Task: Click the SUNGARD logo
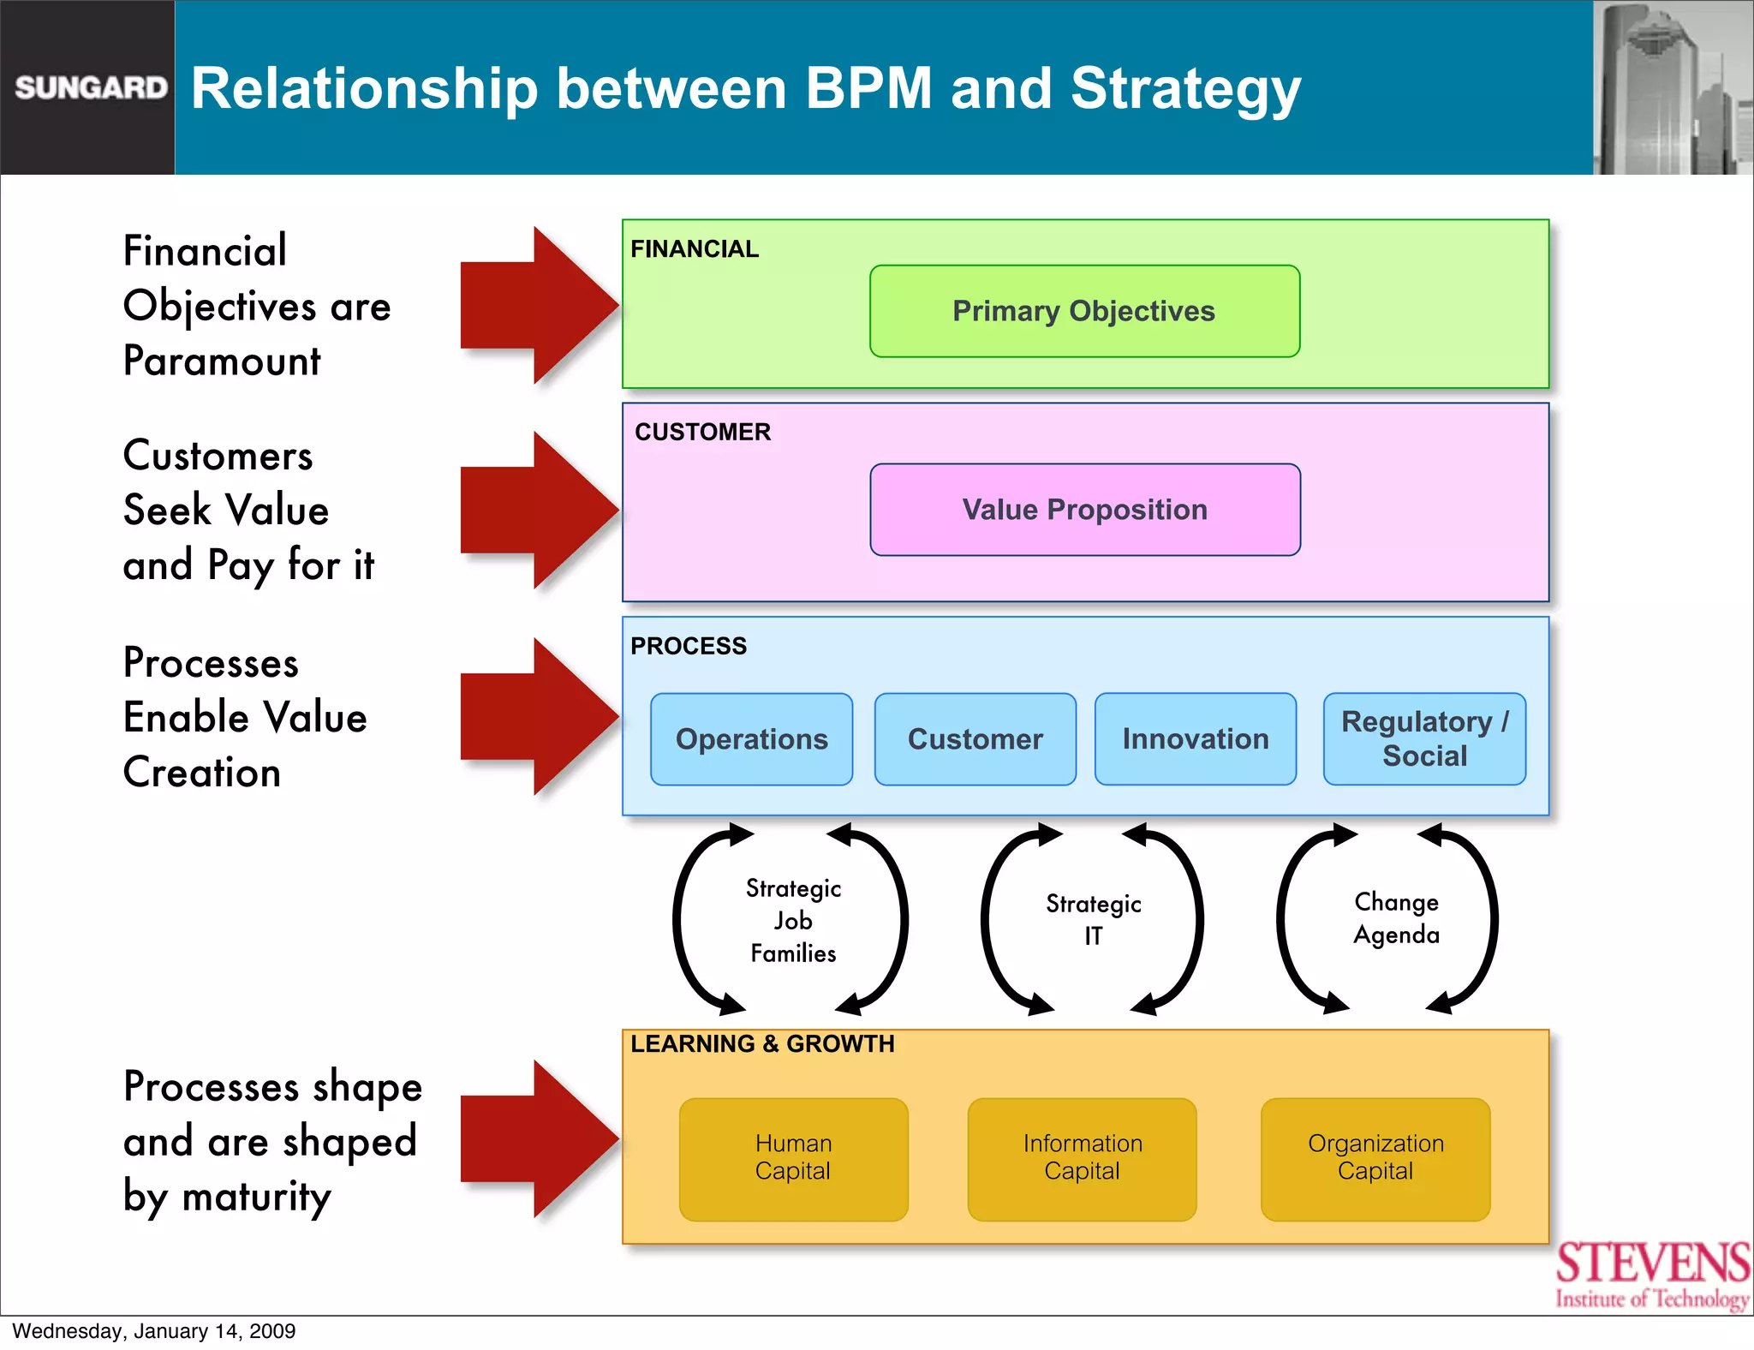click(x=91, y=87)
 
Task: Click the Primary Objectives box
click(x=1084, y=311)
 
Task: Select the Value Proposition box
click(x=1084, y=510)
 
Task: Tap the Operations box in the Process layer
click(x=751, y=738)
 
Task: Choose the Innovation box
click(x=1195, y=738)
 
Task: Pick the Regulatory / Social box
click(x=1424, y=738)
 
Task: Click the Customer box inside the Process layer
click(x=975, y=738)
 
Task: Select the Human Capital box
click(x=793, y=1158)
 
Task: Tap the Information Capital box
click(x=1082, y=1158)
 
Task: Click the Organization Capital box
click(x=1375, y=1158)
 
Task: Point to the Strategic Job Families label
click(x=793, y=921)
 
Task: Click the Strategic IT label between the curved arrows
click(x=1094, y=920)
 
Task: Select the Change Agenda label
click(x=1396, y=918)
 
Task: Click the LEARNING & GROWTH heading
click(x=762, y=1044)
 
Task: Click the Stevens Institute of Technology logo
click(x=1652, y=1275)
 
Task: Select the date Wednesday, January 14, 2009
click(x=154, y=1331)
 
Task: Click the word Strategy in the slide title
click(x=1185, y=89)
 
